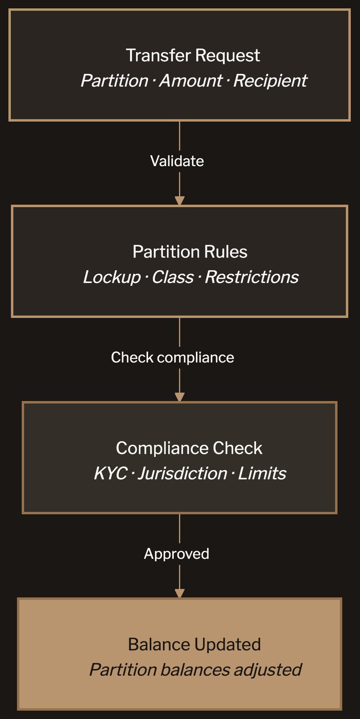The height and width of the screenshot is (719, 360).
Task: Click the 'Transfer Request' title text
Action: (193, 55)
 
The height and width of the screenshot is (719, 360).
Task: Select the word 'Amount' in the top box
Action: (190, 81)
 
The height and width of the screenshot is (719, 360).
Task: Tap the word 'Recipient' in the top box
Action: (270, 81)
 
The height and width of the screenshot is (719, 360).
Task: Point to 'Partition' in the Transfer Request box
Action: (114, 81)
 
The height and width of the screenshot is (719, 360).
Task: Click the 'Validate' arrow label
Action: (177, 161)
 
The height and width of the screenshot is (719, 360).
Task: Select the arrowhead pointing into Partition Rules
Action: (180, 200)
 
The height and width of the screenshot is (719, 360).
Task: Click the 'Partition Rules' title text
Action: (190, 252)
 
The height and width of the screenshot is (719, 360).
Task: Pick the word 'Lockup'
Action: (112, 277)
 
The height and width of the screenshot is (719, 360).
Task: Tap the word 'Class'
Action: (172, 277)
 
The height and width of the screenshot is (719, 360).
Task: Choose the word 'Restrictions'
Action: (252, 277)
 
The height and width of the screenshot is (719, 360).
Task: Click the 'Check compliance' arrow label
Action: (172, 357)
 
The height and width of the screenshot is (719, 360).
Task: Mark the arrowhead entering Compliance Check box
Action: (180, 397)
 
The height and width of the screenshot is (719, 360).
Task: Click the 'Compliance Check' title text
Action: (189, 448)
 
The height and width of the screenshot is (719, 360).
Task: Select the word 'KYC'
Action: (110, 474)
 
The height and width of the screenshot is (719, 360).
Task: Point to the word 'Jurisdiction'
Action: (182, 474)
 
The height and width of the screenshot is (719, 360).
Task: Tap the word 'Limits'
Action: (262, 474)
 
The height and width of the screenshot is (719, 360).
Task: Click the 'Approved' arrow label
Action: (176, 554)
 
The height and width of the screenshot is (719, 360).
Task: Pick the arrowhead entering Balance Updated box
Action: (180, 593)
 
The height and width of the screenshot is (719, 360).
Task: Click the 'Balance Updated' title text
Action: (194, 644)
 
